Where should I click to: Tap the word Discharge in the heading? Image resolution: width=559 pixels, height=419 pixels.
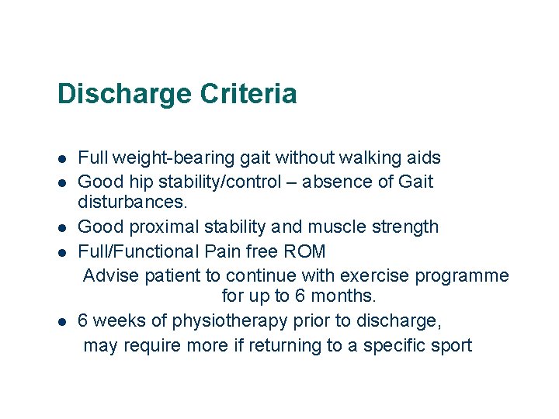point(124,95)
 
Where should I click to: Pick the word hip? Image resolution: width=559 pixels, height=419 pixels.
point(140,182)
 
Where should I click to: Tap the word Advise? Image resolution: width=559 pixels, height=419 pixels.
point(107,275)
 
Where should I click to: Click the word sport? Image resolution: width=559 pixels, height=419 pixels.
point(450,345)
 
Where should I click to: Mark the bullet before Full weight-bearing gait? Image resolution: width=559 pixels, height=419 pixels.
point(61,159)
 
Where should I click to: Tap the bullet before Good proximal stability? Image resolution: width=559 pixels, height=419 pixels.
point(61,228)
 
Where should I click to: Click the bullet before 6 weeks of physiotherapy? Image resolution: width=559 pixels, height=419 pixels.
point(61,321)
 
